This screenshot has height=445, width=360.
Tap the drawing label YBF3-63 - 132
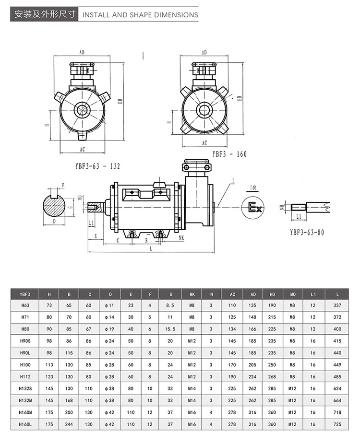[97, 166]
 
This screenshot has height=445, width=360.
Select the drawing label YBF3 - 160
[229, 154]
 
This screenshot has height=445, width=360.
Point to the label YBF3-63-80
[307, 232]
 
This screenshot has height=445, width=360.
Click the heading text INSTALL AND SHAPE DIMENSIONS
[140, 15]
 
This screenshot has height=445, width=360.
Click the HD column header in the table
[272, 294]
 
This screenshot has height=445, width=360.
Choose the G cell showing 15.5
[170, 329]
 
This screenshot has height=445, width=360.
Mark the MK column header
[192, 294]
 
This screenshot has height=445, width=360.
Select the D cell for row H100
[110, 364]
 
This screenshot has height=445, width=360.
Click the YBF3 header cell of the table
[24, 294]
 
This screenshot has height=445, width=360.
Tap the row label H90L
[24, 352]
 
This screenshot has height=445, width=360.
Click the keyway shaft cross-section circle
[54, 207]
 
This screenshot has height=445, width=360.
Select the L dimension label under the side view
[151, 248]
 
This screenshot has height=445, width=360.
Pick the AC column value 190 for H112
[232, 376]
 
